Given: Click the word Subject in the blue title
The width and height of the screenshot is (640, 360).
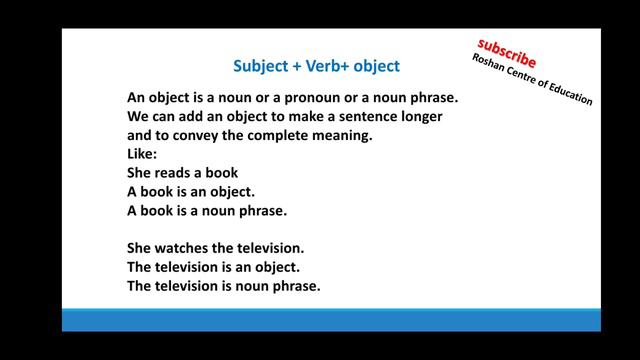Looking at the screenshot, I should [x=260, y=67].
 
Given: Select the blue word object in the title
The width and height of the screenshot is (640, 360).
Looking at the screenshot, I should [x=374, y=67].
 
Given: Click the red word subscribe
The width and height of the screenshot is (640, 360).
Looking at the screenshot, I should [x=506, y=51].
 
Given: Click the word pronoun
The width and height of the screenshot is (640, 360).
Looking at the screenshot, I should [x=302, y=98].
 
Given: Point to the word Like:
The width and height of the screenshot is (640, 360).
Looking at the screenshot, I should [x=143, y=154].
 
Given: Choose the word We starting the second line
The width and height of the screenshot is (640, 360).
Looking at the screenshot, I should [x=138, y=117].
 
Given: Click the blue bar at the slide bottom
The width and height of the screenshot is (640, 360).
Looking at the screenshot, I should [x=331, y=320].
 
